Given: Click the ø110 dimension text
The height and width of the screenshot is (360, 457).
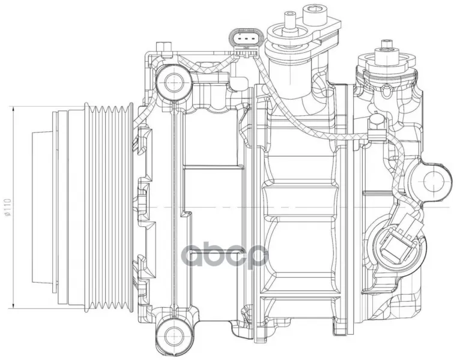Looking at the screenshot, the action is pos(8,207).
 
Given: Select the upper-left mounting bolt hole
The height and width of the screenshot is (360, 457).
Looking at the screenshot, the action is pos(174,82).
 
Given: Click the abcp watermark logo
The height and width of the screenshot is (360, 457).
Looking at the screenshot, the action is pos(224,256).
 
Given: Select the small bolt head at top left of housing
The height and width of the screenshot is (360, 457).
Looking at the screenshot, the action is pos(163,47).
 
